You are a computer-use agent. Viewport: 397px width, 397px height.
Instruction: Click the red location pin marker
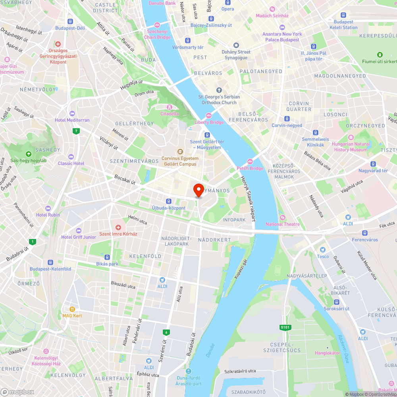click(x=198, y=190)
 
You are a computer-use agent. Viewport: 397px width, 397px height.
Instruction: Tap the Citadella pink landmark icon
click(x=170, y=107)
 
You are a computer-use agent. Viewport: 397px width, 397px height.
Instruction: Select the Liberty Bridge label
click(x=209, y=122)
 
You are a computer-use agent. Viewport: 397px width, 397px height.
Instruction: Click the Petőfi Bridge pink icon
click(x=250, y=161)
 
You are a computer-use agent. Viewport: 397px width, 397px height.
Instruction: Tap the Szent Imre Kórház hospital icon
click(x=118, y=227)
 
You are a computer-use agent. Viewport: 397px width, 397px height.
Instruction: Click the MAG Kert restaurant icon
click(x=72, y=309)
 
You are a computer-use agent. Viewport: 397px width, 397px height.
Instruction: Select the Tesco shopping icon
click(x=323, y=250)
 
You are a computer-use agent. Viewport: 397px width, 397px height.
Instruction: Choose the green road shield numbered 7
click(x=75, y=131)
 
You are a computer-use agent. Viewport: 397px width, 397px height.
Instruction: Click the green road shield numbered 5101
click(x=285, y=327)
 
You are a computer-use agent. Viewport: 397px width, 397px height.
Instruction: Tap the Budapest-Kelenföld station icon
click(x=50, y=262)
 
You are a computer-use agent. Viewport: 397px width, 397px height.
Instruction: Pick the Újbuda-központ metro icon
click(x=169, y=201)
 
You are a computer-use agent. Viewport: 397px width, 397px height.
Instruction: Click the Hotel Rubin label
click(x=48, y=215)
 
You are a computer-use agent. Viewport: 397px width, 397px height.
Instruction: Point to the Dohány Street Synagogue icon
click(x=236, y=45)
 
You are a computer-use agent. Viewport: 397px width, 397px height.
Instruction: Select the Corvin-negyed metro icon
click(x=287, y=119)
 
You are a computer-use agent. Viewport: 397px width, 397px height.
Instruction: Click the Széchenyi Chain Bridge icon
click(x=157, y=25)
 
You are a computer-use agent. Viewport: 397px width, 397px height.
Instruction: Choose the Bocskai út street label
click(x=125, y=179)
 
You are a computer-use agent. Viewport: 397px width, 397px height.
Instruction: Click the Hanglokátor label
click(x=328, y=353)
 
